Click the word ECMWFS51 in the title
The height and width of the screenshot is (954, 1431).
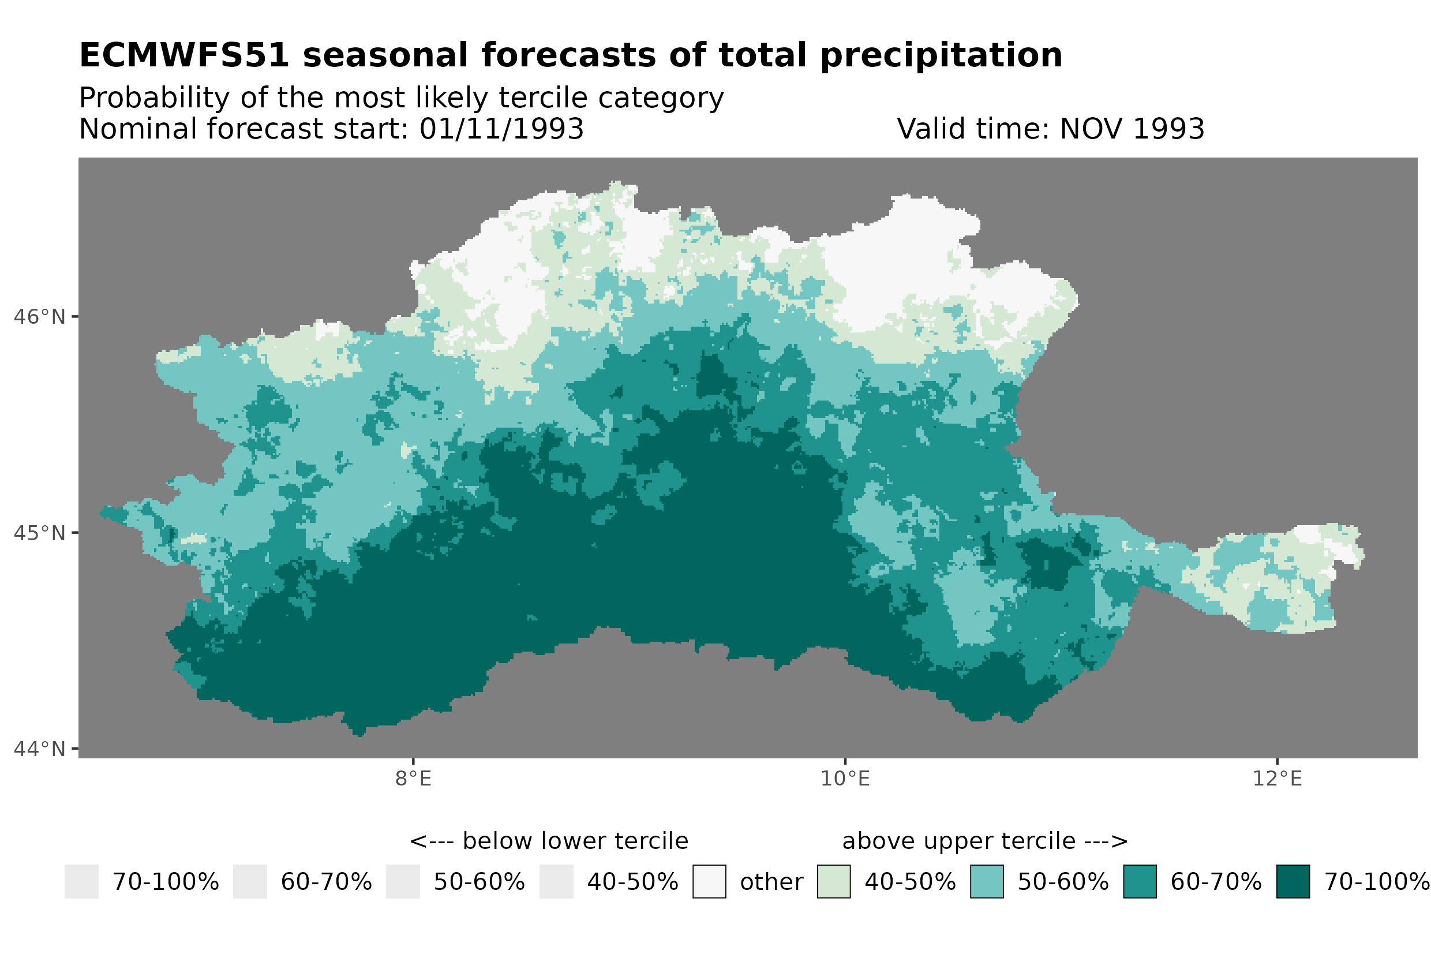coord(183,55)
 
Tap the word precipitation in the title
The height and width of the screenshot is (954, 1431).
coord(940,55)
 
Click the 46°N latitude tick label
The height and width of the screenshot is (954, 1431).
coord(39,317)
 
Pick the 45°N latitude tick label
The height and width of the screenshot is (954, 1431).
coord(39,533)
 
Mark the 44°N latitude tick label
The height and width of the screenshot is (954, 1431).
coord(39,749)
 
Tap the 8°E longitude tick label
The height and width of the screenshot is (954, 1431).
coord(413,778)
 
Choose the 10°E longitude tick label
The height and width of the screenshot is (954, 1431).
coord(845,778)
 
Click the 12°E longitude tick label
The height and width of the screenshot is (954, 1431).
coord(1276,778)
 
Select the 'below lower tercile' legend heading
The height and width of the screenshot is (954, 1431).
coord(549,841)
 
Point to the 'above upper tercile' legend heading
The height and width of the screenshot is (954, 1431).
coord(984,841)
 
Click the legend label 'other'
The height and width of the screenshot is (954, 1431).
coord(771,882)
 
